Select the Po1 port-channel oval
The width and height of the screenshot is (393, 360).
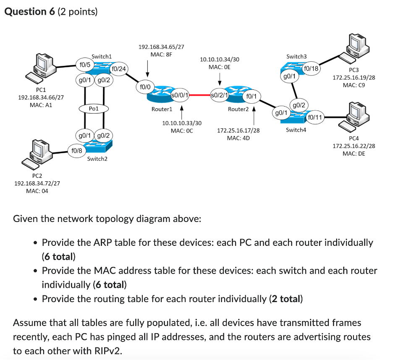[x=94, y=108]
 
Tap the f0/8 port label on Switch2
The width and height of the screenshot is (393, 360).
[x=77, y=149]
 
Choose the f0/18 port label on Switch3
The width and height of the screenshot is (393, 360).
[x=311, y=68]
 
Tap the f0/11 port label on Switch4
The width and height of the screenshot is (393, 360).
[x=315, y=117]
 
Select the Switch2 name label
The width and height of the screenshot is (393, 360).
[x=97, y=159]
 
